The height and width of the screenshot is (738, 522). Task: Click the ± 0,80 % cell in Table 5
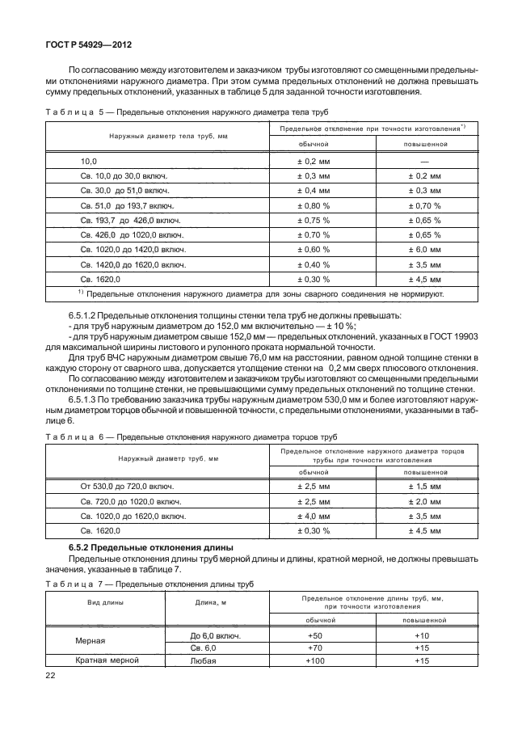pyautogui.click(x=314, y=205)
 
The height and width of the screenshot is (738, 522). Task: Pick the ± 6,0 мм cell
pyautogui.click(x=423, y=249)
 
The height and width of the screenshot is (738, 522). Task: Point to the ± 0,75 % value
pyautogui.click(x=314, y=220)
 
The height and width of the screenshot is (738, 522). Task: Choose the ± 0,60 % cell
pyautogui.click(x=314, y=249)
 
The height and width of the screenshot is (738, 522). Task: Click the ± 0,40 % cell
pyautogui.click(x=314, y=264)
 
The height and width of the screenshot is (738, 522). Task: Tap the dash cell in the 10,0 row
pyautogui.click(x=423, y=162)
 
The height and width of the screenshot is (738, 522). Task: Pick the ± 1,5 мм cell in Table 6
pyautogui.click(x=423, y=487)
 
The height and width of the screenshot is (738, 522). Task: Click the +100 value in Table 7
pyautogui.click(x=314, y=660)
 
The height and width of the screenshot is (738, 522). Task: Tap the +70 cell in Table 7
pyautogui.click(x=314, y=647)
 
